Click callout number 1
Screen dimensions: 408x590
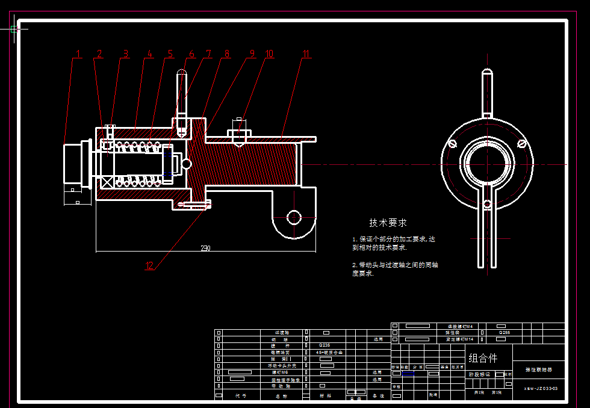(78, 54)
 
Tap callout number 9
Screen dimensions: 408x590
(252, 54)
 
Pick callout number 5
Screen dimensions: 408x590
(170, 54)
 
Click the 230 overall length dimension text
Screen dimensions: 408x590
(205, 248)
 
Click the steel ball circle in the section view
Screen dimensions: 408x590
(187, 164)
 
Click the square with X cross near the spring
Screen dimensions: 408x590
(107, 182)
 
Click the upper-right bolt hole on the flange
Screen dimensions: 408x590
(522, 143)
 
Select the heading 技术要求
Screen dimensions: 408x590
(388, 223)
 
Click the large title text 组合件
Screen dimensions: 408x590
(483, 358)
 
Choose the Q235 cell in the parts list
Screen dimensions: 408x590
(326, 345)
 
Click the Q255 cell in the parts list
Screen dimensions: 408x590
(504, 332)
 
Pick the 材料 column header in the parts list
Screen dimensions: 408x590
(326, 396)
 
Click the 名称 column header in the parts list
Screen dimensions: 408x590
(281, 396)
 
